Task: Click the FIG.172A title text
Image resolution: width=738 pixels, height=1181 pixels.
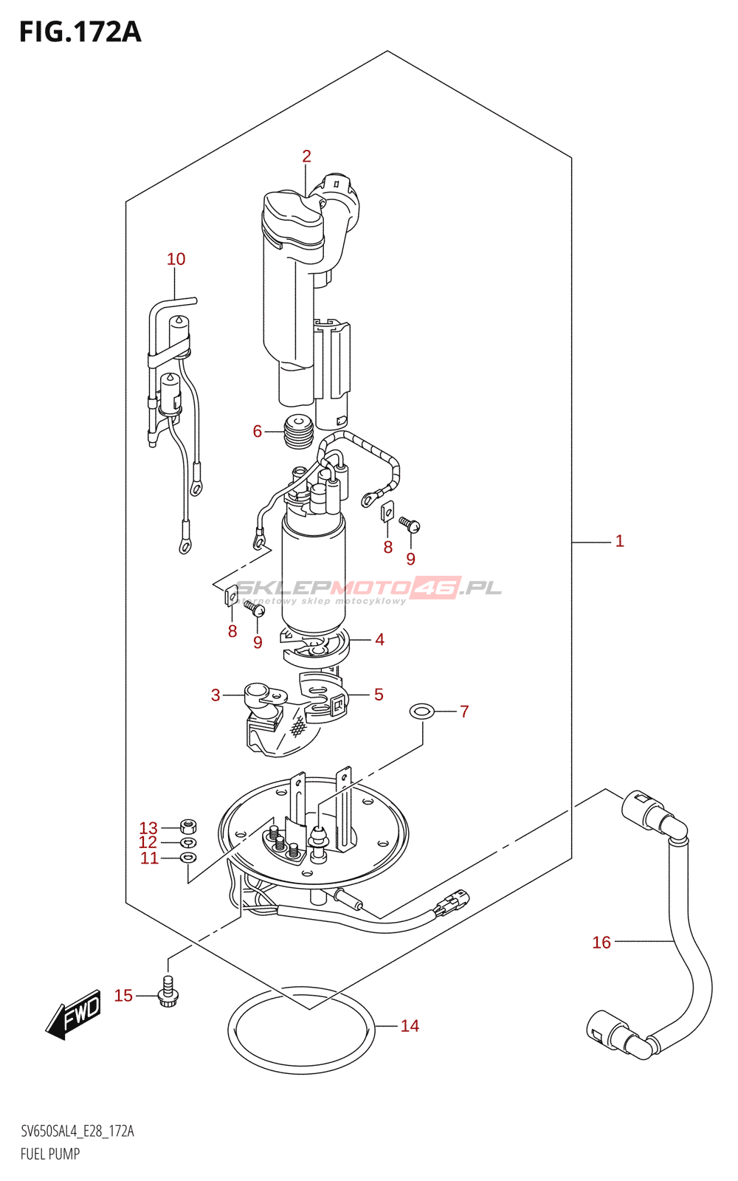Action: click(x=80, y=32)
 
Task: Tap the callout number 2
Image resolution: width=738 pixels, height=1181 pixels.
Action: click(x=306, y=156)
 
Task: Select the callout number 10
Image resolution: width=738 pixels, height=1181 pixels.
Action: click(x=176, y=259)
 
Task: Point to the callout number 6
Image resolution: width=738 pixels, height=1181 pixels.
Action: click(x=258, y=431)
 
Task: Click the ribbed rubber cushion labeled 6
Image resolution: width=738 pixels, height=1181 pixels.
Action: click(x=299, y=432)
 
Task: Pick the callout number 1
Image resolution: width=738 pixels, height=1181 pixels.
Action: click(x=619, y=541)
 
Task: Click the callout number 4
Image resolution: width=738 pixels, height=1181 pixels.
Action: click(x=379, y=639)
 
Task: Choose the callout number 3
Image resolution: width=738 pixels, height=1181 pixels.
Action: click(x=215, y=695)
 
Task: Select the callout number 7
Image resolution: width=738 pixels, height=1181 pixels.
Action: click(x=464, y=712)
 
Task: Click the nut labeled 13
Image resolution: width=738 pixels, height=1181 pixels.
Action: click(x=188, y=824)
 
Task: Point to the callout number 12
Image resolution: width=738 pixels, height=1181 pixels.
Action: click(x=148, y=842)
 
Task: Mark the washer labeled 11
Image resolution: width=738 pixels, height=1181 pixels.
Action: click(x=189, y=858)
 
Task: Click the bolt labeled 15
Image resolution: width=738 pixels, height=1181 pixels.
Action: click(x=168, y=993)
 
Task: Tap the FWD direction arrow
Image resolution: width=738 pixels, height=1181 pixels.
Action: click(x=73, y=1014)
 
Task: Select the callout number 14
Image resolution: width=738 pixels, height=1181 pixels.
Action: click(x=410, y=1026)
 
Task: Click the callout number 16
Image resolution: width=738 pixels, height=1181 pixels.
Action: click(x=601, y=943)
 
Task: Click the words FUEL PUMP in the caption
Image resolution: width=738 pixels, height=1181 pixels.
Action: click(x=50, y=1154)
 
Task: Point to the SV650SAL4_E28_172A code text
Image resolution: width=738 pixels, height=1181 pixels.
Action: click(x=77, y=1132)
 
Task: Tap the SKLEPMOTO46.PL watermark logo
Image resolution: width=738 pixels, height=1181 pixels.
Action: click(x=368, y=590)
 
